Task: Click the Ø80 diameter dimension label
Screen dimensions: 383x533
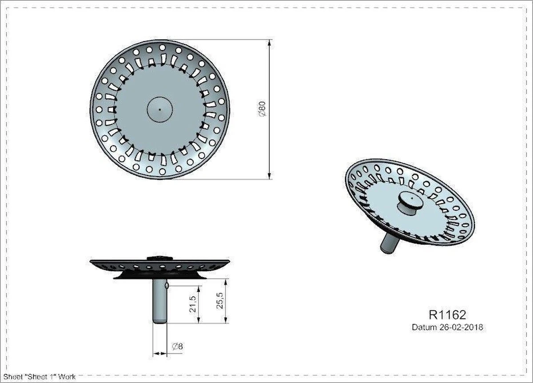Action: pyautogui.click(x=262, y=109)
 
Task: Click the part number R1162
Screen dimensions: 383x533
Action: pyautogui.click(x=447, y=315)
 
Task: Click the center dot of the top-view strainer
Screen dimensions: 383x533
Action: pyautogui.click(x=159, y=108)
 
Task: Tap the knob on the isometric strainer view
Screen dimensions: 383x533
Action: pyautogui.click(x=408, y=203)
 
